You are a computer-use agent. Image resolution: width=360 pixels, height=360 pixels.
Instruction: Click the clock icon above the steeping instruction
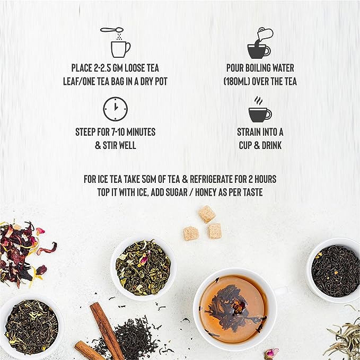[x=115, y=109]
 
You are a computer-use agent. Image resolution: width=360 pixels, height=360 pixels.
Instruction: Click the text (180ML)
[x=236, y=82]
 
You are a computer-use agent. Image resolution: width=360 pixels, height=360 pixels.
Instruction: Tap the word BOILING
[x=254, y=68]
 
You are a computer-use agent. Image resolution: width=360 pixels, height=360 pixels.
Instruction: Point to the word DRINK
[x=271, y=145]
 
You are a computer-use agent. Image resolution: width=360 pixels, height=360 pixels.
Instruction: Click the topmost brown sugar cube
[x=207, y=214]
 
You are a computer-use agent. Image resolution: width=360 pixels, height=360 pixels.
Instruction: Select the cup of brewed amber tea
[x=234, y=308]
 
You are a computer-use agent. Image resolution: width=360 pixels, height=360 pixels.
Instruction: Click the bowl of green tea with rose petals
[x=143, y=267]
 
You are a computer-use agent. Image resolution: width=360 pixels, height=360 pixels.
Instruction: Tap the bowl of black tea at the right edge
[x=334, y=271]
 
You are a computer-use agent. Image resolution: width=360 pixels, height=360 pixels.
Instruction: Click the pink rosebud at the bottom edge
[x=271, y=353]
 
